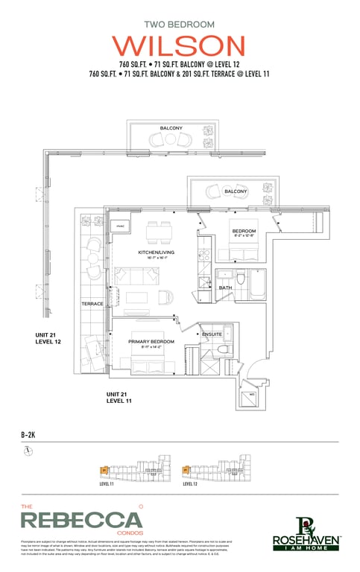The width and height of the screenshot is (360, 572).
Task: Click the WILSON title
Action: point(183,45)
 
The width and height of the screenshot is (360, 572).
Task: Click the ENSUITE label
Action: point(212,334)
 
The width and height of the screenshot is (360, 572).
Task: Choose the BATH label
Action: point(225,287)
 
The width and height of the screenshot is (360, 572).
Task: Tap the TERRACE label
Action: point(92,304)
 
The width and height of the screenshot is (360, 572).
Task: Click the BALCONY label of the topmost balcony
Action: point(171,128)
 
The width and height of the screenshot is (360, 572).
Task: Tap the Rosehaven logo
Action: point(306,532)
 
